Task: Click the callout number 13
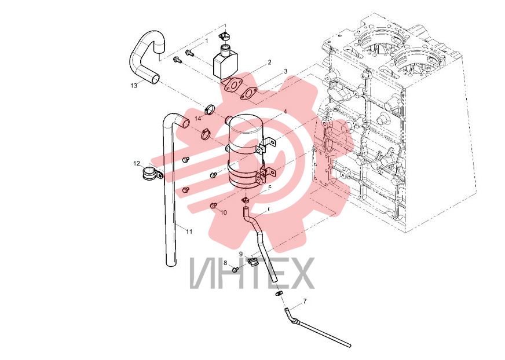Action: pyautogui.click(x=134, y=85)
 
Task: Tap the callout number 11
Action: pyautogui.click(x=189, y=231)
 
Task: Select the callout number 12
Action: pyautogui.click(x=137, y=164)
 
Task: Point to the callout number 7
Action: pyautogui.click(x=305, y=302)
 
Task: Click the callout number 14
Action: pyautogui.click(x=197, y=119)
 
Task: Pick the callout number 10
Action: pyautogui.click(x=224, y=212)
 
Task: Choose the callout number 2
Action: pyautogui.click(x=269, y=62)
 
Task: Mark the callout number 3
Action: pyautogui.click(x=286, y=72)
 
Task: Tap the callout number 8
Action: pyautogui.click(x=225, y=263)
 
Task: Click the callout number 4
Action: pyautogui.click(x=285, y=112)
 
